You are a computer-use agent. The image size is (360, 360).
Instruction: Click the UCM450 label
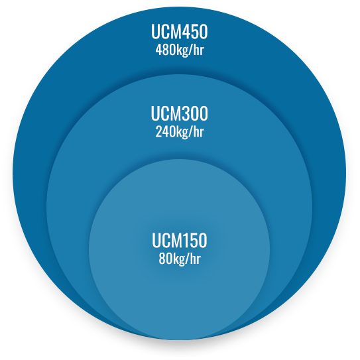179,31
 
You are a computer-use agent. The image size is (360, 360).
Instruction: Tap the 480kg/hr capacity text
180,50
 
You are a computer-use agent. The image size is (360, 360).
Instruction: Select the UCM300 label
179,113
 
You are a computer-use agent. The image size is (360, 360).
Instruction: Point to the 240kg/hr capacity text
180,132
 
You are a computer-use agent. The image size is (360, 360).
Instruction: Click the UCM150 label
180,241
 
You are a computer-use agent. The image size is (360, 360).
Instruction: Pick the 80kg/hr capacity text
180,259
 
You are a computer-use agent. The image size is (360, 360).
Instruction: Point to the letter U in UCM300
155,113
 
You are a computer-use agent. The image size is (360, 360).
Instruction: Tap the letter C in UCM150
166,241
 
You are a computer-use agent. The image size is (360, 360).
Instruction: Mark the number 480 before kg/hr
163,50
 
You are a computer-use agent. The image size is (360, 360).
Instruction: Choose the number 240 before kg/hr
163,132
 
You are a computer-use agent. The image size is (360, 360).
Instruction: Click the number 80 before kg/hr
164,259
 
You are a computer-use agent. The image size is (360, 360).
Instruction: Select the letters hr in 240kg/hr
199,132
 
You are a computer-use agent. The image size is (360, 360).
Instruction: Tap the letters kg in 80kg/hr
177,260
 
